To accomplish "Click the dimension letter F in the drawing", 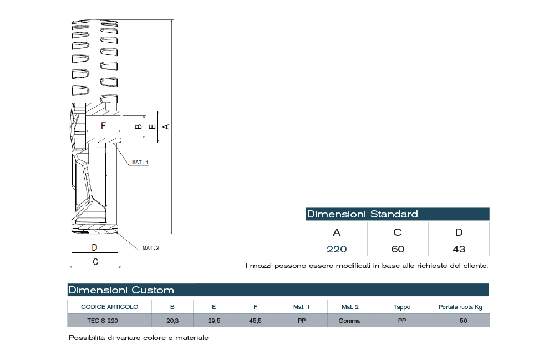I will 103,126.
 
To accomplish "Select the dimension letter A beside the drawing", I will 165,126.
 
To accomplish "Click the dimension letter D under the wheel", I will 94,247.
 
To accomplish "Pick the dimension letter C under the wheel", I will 95,261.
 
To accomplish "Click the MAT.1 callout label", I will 140,163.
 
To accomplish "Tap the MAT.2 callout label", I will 151,248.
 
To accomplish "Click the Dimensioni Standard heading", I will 363,214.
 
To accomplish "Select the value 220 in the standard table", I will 336,249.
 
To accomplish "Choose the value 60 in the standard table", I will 398,249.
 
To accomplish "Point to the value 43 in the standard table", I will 459,249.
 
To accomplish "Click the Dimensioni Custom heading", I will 121,290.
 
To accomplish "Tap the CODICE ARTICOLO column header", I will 109,307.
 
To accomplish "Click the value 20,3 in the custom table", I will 172,321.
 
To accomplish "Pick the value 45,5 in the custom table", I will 255,321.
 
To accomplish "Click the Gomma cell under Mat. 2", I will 350,321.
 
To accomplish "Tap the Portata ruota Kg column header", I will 460,307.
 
